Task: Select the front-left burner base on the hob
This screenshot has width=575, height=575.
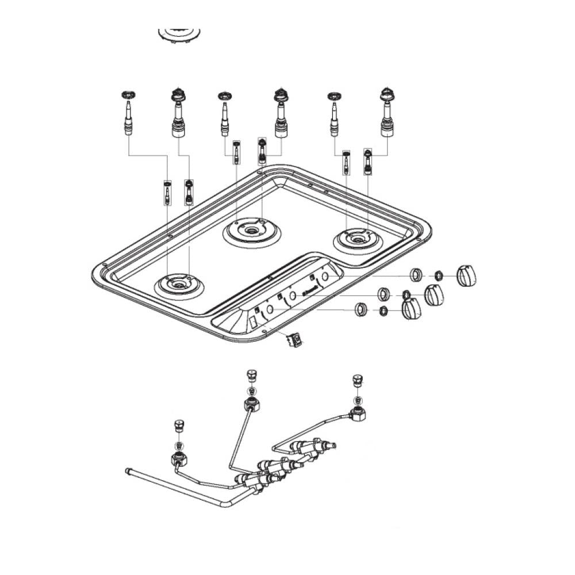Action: point(179,285)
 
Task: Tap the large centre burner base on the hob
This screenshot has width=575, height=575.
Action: point(252,231)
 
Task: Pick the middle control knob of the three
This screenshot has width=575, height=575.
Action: point(435,296)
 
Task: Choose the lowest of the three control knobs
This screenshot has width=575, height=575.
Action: point(411,310)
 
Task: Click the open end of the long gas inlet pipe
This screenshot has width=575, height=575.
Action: point(128,471)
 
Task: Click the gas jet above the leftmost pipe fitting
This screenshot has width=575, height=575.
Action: point(178,426)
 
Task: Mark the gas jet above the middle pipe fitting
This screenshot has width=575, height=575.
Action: point(250,376)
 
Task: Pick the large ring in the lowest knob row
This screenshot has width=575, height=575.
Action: point(361,309)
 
